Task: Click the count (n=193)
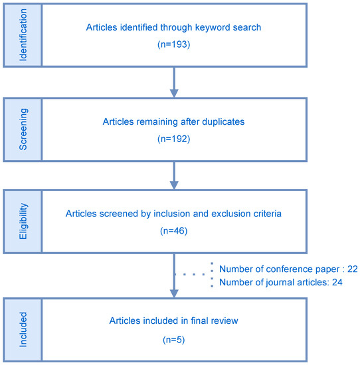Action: coord(175,44)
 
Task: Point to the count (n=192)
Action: coord(175,140)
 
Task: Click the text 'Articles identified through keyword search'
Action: coord(175,27)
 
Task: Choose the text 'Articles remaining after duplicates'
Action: coord(175,123)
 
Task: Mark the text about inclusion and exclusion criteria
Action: coord(175,214)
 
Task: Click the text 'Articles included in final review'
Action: coord(175,321)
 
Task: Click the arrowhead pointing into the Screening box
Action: coord(175,92)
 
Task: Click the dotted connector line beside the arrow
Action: coord(192,273)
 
